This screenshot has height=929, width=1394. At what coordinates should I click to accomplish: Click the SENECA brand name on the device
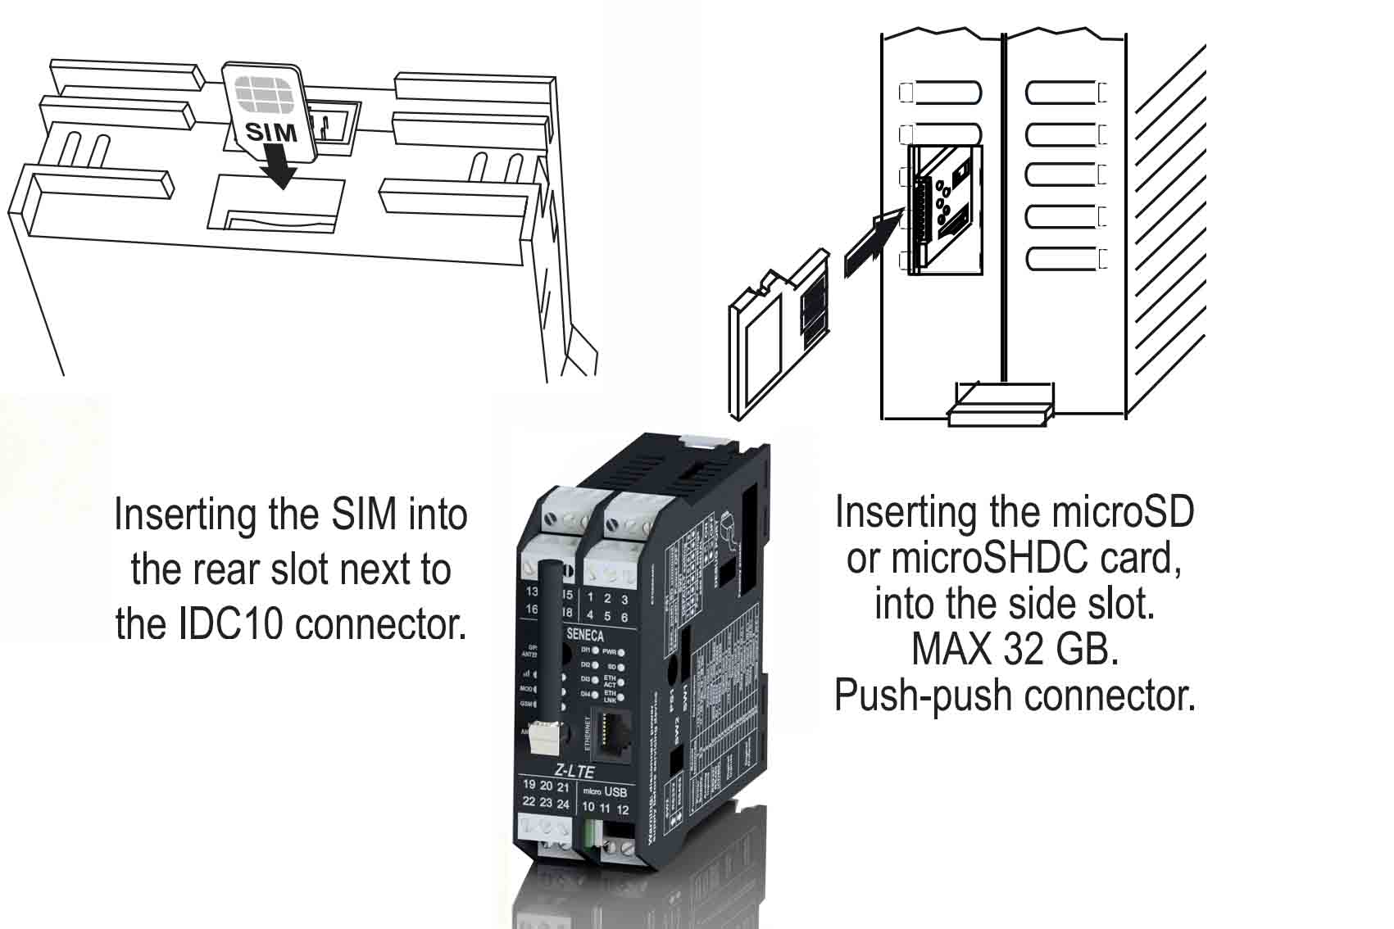(585, 635)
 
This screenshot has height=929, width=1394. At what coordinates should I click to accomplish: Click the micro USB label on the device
(605, 792)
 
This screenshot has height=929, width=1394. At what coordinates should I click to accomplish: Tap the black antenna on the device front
(547, 639)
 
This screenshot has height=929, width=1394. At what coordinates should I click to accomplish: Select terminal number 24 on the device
(563, 804)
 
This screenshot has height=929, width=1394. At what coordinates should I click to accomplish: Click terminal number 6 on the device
(624, 617)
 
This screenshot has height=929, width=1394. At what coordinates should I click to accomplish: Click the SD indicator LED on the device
(622, 668)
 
